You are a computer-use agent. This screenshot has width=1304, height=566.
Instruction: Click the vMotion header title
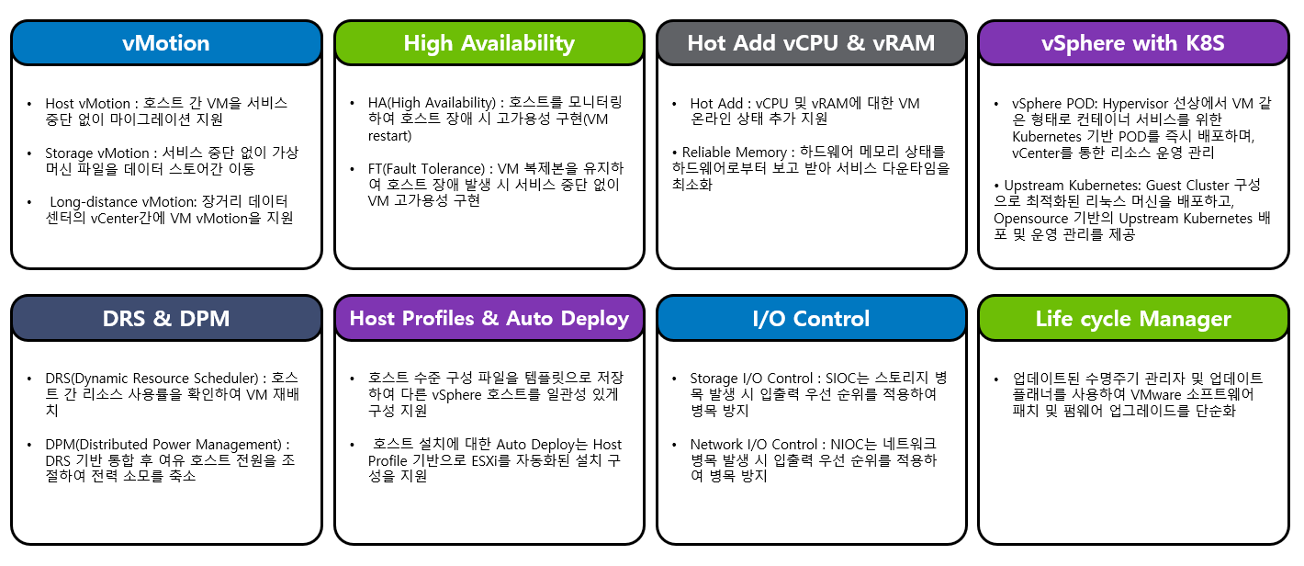(x=166, y=43)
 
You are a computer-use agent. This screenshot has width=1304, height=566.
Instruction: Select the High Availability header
(x=489, y=44)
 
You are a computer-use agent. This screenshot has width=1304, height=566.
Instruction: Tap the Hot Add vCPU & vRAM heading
(x=811, y=43)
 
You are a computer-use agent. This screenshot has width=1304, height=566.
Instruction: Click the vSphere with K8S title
(x=1133, y=44)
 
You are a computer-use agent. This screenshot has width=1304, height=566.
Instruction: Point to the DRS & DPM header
(x=166, y=319)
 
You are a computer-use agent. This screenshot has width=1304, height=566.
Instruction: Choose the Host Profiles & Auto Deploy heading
(x=489, y=319)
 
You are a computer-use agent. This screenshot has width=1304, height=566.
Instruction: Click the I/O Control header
(x=811, y=319)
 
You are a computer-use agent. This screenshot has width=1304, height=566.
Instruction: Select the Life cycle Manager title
(x=1133, y=319)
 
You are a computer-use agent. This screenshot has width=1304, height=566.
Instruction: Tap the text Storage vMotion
(x=97, y=153)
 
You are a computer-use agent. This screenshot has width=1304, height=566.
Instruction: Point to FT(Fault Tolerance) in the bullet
(x=426, y=169)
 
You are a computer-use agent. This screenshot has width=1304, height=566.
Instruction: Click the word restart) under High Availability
(x=389, y=136)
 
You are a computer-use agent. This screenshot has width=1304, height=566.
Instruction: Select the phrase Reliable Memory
(x=734, y=153)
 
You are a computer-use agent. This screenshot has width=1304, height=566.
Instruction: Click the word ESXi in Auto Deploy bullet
(x=484, y=460)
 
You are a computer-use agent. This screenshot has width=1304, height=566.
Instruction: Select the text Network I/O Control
(x=754, y=445)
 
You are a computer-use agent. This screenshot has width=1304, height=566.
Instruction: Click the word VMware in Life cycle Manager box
(x=1156, y=395)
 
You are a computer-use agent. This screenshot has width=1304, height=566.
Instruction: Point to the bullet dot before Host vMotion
(x=29, y=104)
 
